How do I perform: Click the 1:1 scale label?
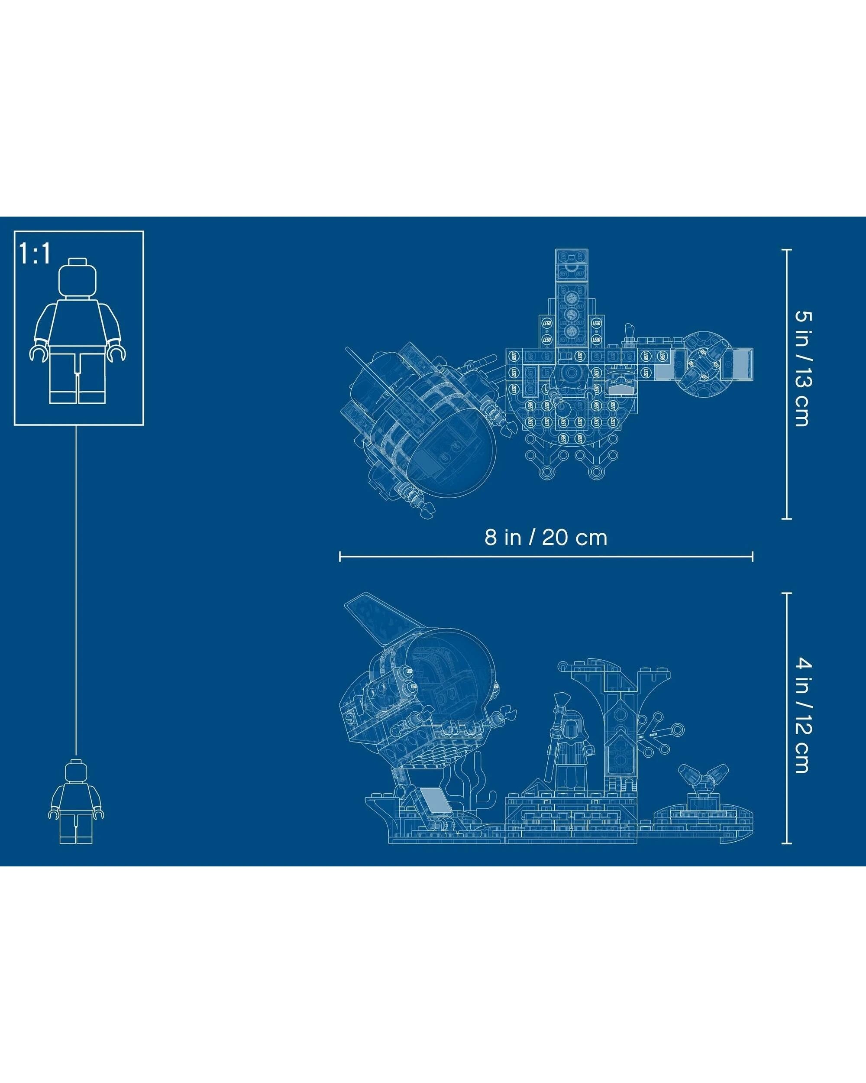(x=35, y=253)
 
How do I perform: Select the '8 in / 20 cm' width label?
(x=546, y=538)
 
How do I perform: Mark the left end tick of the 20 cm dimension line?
(x=340, y=556)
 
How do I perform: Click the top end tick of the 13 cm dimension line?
(x=787, y=249)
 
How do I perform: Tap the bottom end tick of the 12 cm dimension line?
(x=787, y=843)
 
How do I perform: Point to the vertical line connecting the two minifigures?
(x=76, y=588)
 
